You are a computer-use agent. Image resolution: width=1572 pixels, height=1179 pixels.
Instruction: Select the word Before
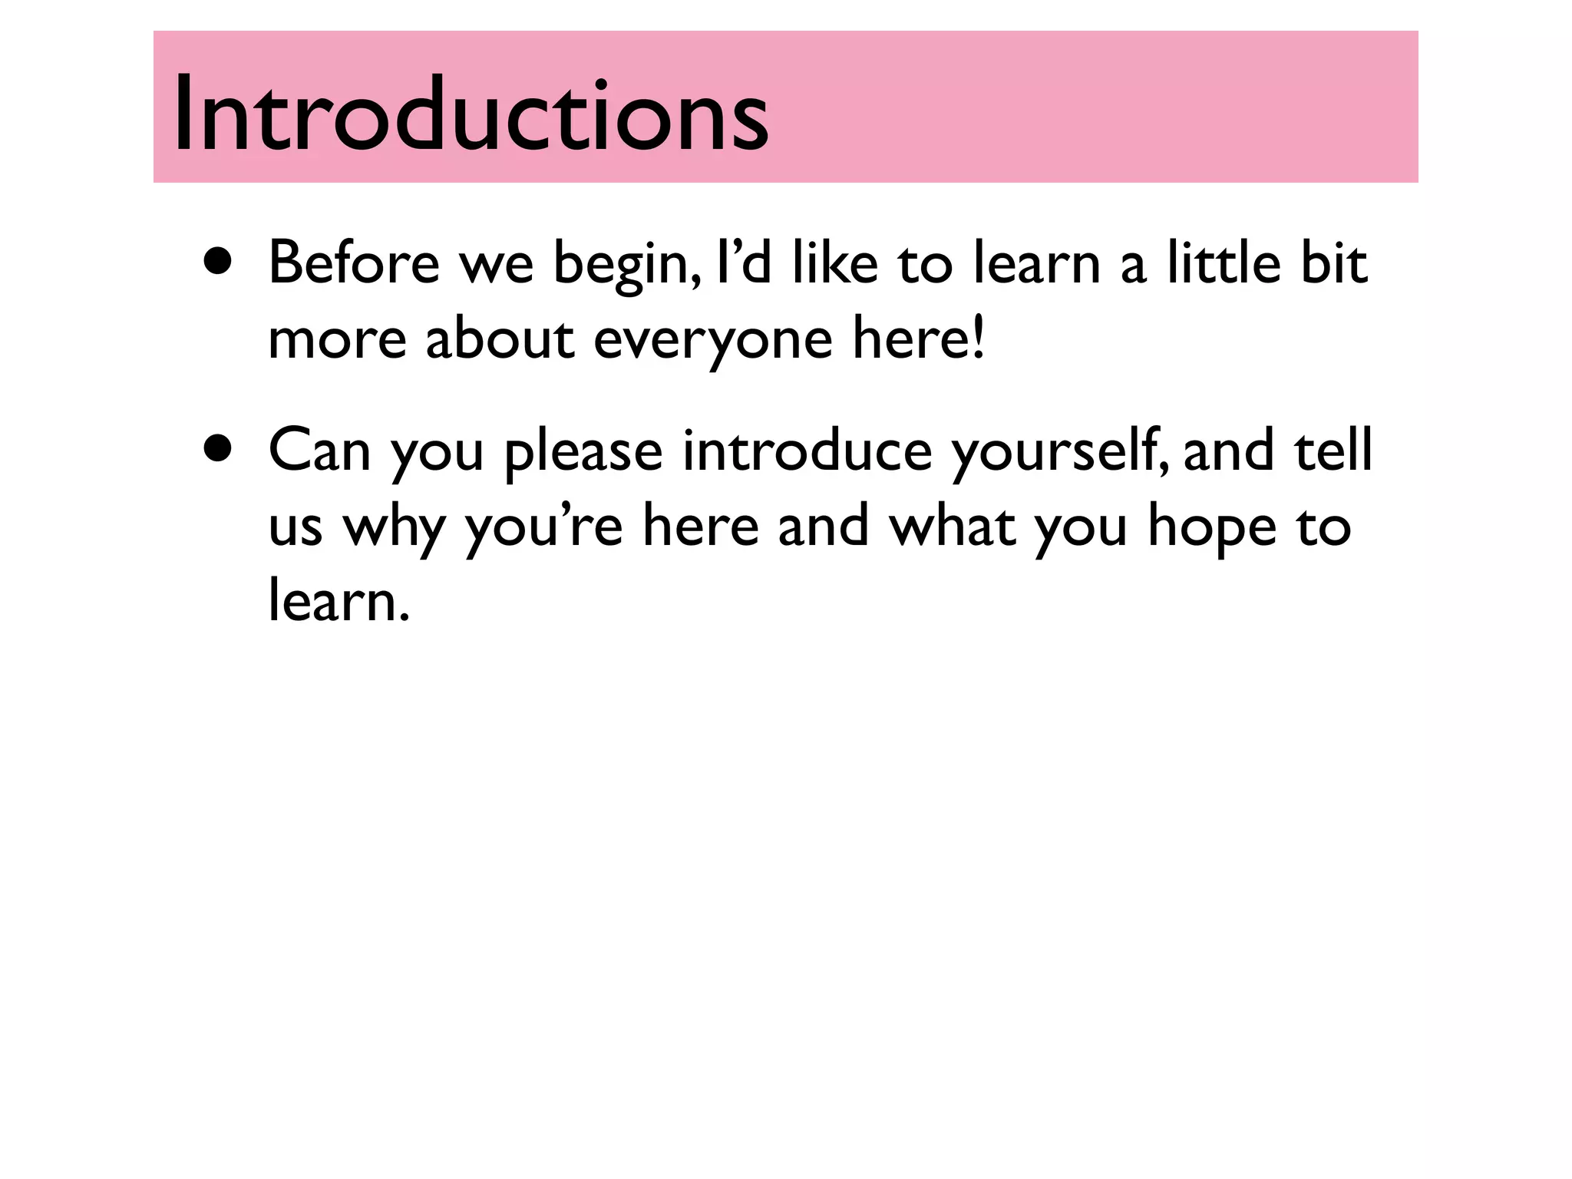pyautogui.click(x=354, y=263)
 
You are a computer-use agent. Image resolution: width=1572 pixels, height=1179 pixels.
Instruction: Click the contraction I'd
pyautogui.click(x=742, y=263)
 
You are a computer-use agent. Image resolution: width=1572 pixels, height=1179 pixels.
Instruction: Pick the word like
pyautogui.click(x=834, y=263)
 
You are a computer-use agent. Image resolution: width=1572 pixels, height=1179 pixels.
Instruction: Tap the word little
pyautogui.click(x=1224, y=263)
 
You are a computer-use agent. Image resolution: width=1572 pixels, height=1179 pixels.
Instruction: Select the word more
pyautogui.click(x=337, y=340)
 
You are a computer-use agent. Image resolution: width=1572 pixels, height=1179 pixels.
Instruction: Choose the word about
pyautogui.click(x=499, y=339)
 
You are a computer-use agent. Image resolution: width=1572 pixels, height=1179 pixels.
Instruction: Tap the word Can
pyautogui.click(x=319, y=451)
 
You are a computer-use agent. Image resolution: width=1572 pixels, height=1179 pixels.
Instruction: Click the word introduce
pyautogui.click(x=807, y=451)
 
